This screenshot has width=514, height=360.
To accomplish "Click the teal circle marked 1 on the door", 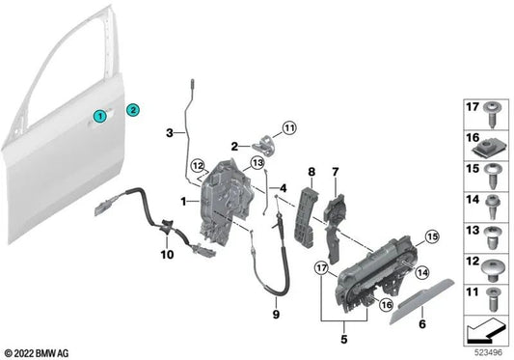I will tap(99, 116).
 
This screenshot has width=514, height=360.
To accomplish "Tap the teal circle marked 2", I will tap(134, 110).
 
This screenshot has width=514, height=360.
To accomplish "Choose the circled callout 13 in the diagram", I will tap(257, 164).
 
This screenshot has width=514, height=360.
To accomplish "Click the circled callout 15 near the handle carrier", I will tap(430, 235).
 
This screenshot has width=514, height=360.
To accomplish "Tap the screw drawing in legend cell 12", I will tap(493, 263).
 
